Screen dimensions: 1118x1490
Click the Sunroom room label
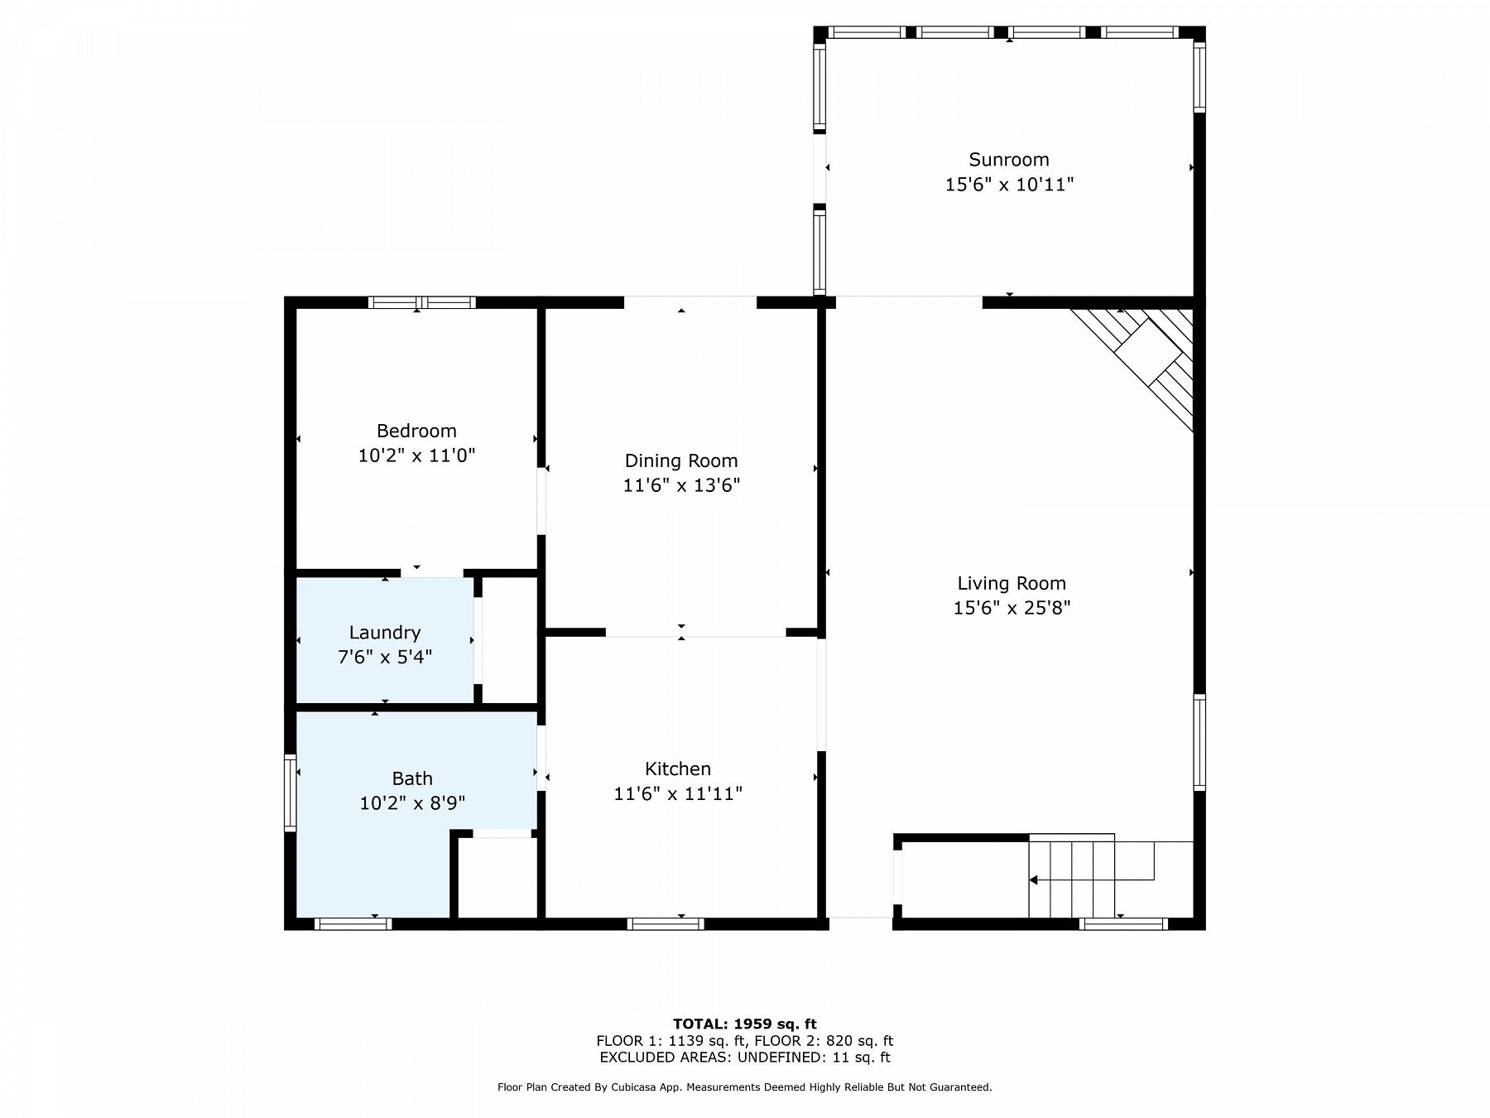1008,159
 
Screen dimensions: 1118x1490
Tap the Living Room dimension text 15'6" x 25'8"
1012,608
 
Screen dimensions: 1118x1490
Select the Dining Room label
680,460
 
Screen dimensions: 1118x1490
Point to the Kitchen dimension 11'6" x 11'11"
677,793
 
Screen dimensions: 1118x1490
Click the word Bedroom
416,431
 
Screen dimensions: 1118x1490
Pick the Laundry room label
385,633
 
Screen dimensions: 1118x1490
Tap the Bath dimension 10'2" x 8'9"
412,802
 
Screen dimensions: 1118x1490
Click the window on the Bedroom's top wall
421,302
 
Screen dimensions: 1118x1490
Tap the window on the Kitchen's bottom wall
666,923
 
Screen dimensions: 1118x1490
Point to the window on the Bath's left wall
290,792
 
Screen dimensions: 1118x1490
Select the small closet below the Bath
497,878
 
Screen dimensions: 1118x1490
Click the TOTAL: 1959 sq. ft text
744,1024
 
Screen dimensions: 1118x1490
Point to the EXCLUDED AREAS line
744,1058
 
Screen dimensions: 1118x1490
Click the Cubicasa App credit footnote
744,1087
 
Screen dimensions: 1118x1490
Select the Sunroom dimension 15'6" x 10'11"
1009,185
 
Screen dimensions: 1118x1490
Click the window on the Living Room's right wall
1199,742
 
